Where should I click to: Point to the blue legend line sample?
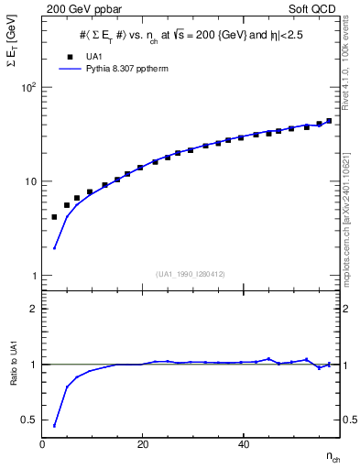coord(69,69)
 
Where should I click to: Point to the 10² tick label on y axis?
coord(28,88)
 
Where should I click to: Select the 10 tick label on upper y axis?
coord(30,181)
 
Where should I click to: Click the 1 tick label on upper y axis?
coord(34,276)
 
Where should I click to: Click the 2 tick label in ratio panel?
coord(34,309)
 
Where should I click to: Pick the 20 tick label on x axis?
coord(142,444)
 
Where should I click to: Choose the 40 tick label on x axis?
coord(242,444)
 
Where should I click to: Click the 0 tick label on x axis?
coord(42,444)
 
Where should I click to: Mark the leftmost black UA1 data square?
coord(54,217)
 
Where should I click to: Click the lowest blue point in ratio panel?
coord(54,426)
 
